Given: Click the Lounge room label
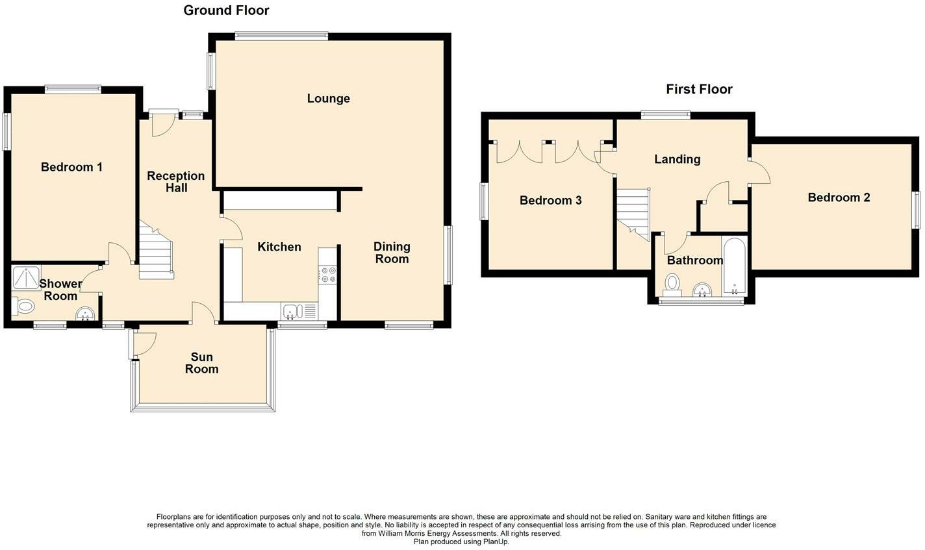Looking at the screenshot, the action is [x=328, y=99].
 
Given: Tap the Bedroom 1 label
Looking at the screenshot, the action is [x=71, y=168].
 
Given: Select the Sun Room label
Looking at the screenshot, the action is [x=201, y=363].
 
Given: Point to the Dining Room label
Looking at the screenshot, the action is [x=392, y=253].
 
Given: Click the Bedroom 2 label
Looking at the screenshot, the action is [x=839, y=197].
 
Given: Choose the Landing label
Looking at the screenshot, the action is [x=678, y=159].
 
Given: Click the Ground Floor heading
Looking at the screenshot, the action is [x=226, y=10].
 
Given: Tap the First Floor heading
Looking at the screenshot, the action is [x=699, y=89].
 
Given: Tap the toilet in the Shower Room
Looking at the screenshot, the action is [x=23, y=306].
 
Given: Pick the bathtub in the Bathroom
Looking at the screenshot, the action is [x=735, y=266].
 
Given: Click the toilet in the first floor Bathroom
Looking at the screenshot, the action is [x=673, y=285].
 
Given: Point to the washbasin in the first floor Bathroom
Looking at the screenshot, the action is [x=702, y=290].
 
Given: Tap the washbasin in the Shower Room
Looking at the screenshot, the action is [x=86, y=314].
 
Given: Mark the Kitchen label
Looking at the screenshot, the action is [x=279, y=247].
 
